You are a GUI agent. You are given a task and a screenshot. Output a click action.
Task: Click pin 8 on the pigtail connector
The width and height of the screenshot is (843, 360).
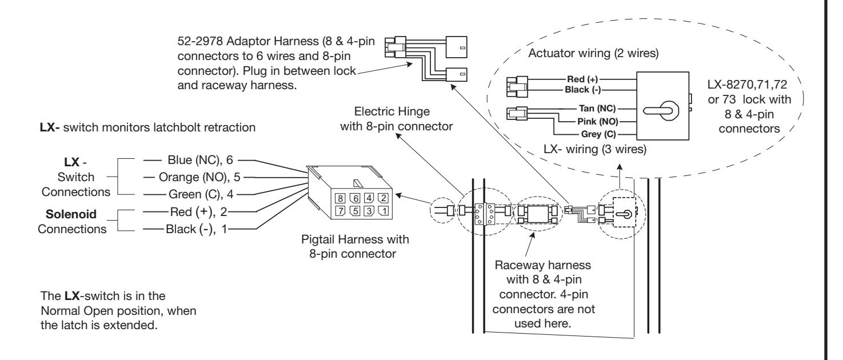click(x=340, y=198)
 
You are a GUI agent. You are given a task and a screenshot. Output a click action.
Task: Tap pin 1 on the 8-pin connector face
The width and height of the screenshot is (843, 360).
click(x=383, y=211)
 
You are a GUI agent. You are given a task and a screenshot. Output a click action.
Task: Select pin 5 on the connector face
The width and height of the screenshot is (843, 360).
click(x=355, y=211)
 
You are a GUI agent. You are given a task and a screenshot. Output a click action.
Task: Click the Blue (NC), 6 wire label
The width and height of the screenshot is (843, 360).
click(x=200, y=160)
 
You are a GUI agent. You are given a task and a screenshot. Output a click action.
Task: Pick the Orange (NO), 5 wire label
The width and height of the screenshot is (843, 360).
click(x=199, y=177)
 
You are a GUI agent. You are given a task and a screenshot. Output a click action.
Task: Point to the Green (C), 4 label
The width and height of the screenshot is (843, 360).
click(x=201, y=194)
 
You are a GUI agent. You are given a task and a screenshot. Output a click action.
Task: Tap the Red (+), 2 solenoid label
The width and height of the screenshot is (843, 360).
click(x=199, y=212)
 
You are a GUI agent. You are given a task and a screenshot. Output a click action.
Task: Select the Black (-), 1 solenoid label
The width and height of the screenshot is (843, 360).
click(x=197, y=229)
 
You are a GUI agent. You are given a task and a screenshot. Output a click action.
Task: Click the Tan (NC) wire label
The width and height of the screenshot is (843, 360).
click(x=597, y=109)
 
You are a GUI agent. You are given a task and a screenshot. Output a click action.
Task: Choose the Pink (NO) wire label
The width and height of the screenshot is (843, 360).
click(x=598, y=122)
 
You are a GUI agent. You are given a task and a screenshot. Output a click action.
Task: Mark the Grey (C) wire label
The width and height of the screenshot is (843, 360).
click(x=598, y=134)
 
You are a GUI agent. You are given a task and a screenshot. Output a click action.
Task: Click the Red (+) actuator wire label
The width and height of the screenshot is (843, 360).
click(x=582, y=79)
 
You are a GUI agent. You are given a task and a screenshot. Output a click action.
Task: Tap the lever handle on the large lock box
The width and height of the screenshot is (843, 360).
click(x=661, y=111)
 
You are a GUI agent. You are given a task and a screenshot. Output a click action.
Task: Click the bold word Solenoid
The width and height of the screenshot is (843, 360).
click(x=71, y=214)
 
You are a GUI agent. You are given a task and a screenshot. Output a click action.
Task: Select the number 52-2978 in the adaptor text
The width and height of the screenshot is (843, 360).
click(x=200, y=41)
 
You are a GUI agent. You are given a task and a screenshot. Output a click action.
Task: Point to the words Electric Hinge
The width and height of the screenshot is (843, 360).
click(x=391, y=111)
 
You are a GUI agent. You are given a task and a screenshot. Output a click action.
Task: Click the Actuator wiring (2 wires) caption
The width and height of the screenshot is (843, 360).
click(x=593, y=53)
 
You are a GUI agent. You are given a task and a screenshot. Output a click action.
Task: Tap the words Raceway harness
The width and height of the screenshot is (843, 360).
click(x=543, y=265)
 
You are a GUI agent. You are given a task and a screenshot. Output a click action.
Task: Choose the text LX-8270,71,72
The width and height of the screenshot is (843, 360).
click(x=747, y=84)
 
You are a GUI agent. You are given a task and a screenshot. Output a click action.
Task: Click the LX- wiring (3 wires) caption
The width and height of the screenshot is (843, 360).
click(x=595, y=149)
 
